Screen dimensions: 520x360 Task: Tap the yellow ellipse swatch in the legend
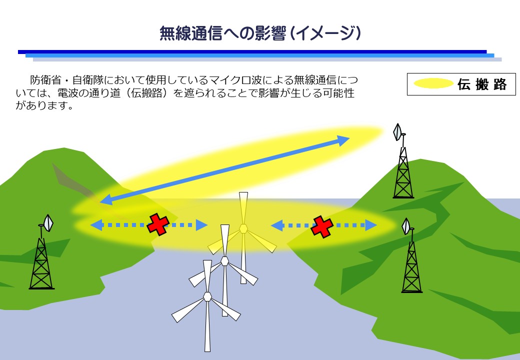(x=433, y=83)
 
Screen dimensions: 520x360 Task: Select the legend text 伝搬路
(x=482, y=84)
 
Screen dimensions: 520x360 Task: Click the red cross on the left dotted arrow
(x=158, y=224)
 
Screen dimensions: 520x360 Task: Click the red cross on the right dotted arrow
(x=322, y=226)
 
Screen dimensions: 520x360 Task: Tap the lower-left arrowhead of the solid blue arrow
(x=107, y=199)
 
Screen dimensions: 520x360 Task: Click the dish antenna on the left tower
(x=48, y=223)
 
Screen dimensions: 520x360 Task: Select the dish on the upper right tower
(x=397, y=132)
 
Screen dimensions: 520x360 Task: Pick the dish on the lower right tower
(x=406, y=226)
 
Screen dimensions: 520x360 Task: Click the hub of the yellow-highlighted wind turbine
(x=243, y=228)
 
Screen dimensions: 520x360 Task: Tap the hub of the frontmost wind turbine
(x=207, y=296)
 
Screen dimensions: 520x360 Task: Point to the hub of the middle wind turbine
(x=225, y=261)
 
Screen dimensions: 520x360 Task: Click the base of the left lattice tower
(x=41, y=288)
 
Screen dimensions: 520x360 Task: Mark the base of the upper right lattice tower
(x=403, y=197)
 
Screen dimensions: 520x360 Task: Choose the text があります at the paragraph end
(x=41, y=105)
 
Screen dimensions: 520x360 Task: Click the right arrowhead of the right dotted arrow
(x=371, y=225)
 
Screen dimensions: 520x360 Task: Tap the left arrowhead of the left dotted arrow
(x=96, y=225)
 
